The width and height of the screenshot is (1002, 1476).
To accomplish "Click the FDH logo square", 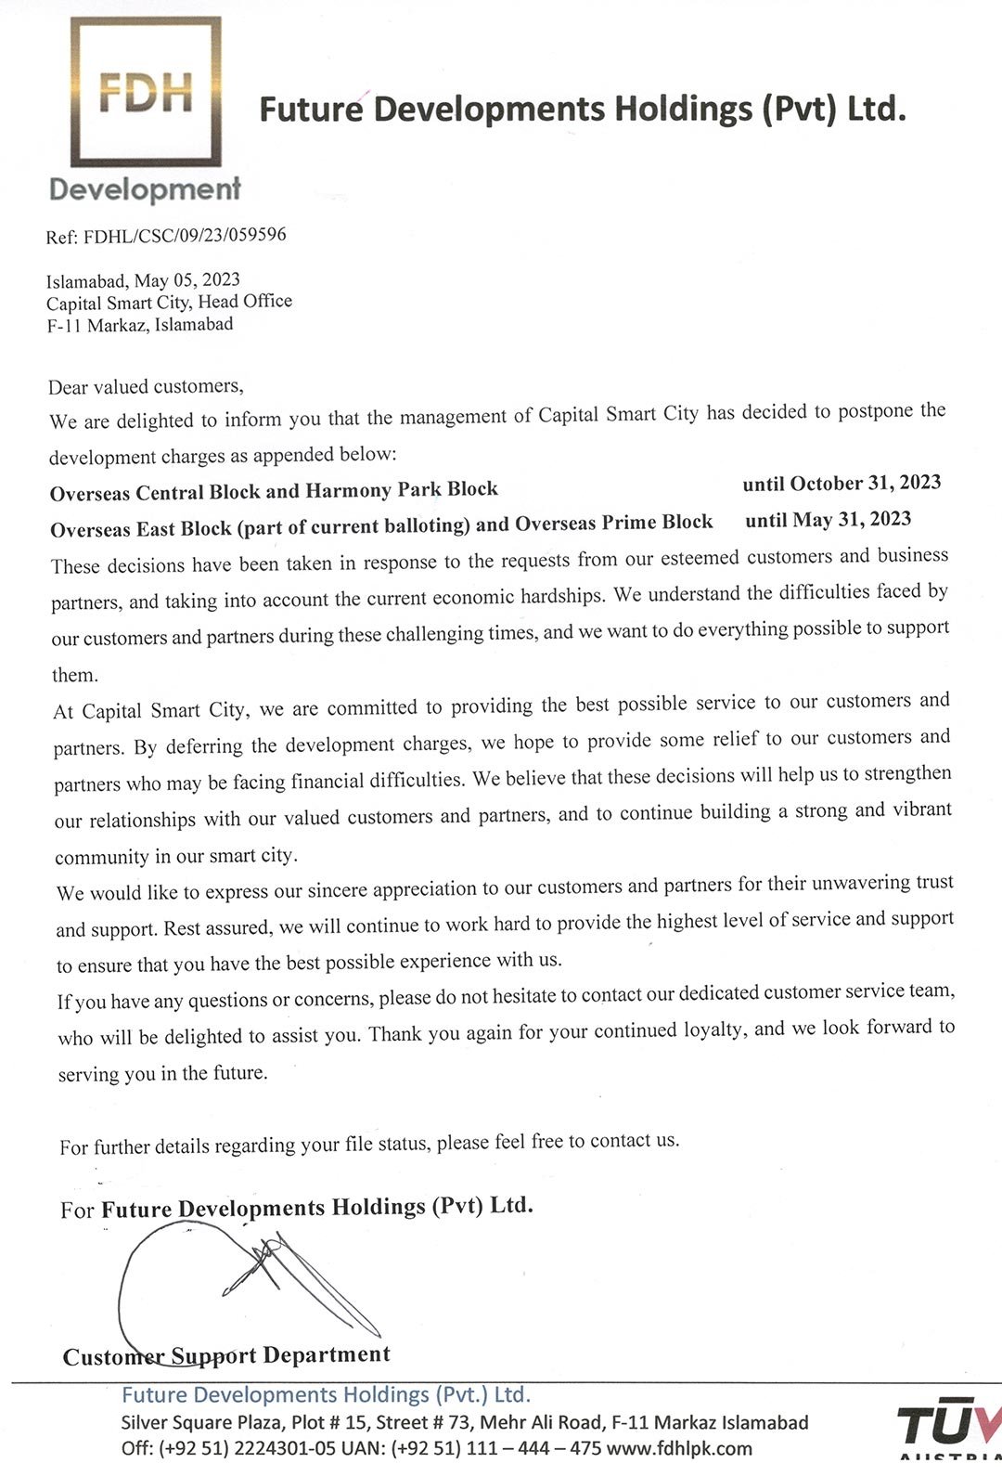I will tap(146, 92).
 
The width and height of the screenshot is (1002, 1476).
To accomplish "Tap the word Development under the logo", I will tap(145, 189).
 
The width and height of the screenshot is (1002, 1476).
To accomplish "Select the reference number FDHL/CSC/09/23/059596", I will tap(185, 235).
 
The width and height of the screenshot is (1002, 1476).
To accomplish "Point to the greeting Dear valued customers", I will tap(146, 386).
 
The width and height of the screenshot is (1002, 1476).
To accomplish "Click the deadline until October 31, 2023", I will tap(841, 483).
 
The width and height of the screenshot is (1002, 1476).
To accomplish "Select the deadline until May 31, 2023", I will tap(828, 519).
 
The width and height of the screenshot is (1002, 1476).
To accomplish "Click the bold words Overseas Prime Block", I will tap(613, 523).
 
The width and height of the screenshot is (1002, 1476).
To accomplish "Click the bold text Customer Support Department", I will tap(226, 1355).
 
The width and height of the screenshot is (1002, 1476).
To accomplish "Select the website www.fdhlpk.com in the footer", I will tap(679, 1448).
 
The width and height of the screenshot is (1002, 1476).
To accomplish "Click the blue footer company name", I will tap(326, 1395).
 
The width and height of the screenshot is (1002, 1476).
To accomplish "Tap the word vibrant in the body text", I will tap(922, 809).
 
